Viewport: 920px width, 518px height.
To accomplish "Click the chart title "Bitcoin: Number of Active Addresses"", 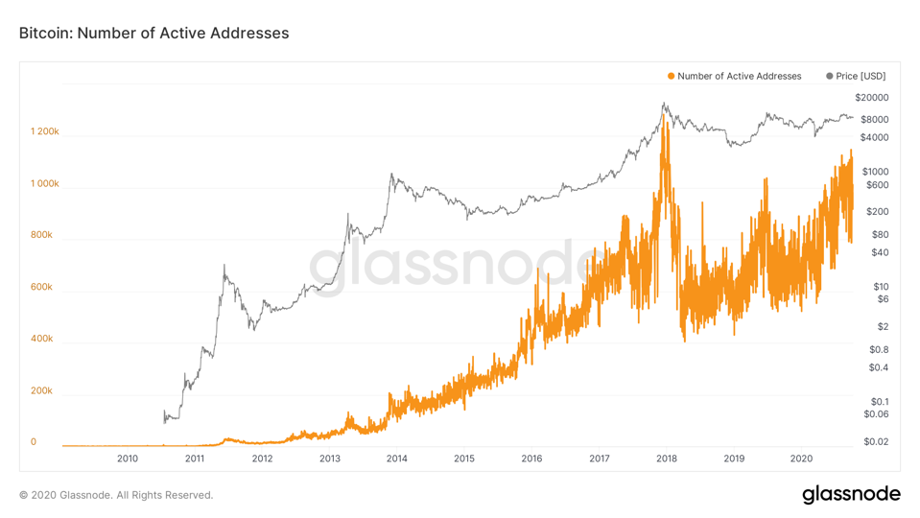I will [153, 33].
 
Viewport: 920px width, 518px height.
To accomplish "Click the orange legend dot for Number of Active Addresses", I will [671, 76].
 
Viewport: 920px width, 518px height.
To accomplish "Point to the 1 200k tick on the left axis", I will [45, 131].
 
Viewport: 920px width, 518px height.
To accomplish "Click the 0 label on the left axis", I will [34, 442].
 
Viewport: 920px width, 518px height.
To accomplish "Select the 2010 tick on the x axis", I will [128, 459].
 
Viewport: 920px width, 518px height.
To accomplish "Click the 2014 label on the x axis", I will [396, 459].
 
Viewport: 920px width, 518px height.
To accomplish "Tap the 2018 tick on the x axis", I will [666, 459].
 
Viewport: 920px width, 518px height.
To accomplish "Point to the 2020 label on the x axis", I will [801, 459].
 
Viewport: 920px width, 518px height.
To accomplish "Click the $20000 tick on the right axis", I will [871, 98].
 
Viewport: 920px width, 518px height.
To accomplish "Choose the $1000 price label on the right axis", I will [874, 171].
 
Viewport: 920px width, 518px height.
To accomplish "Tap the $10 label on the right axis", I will [880, 286].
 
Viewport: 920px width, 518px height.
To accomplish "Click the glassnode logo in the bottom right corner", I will [851, 494].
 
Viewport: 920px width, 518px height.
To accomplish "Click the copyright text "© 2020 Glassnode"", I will [116, 495].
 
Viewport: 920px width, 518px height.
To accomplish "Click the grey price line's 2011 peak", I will [224, 266].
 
